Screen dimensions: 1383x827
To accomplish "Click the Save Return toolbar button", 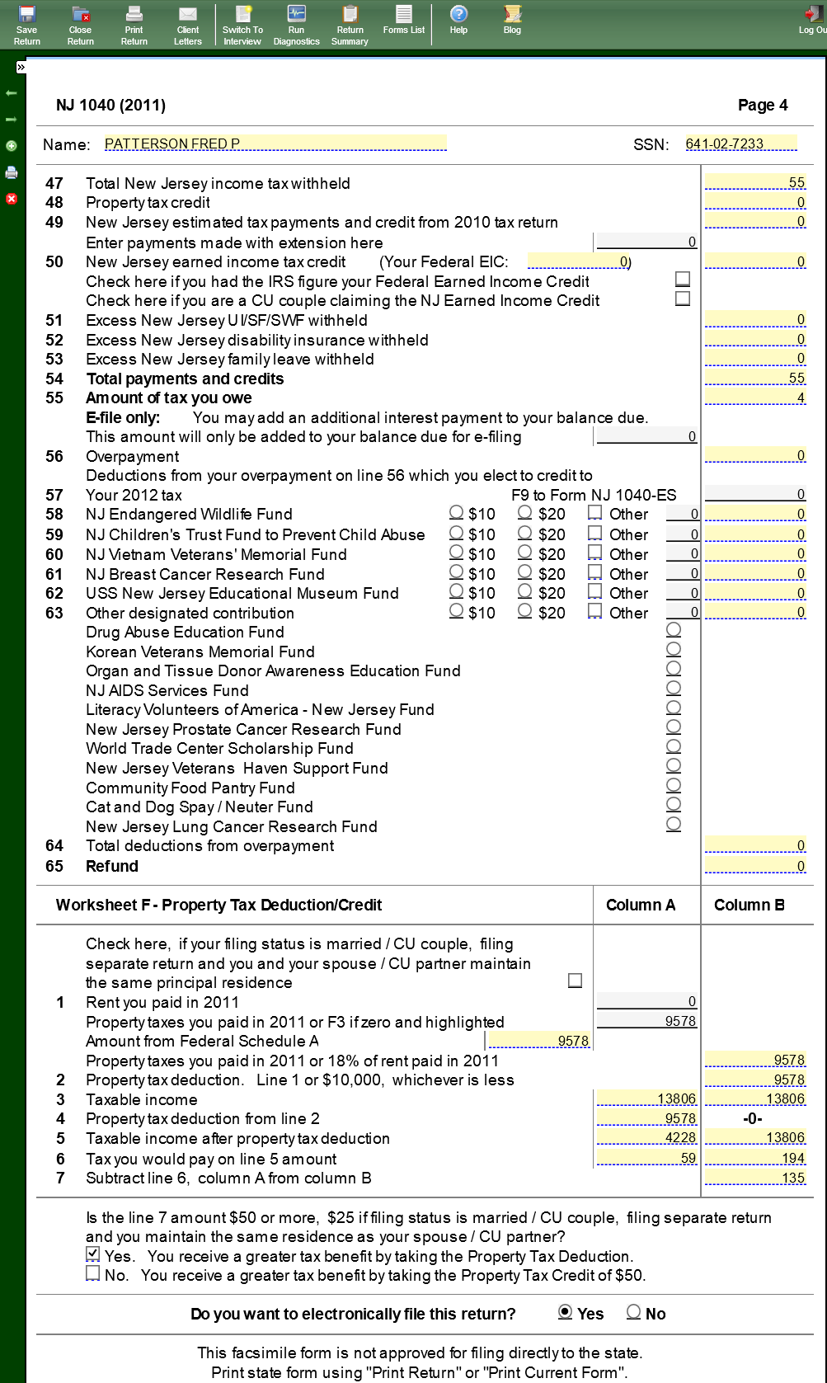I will (x=27, y=25).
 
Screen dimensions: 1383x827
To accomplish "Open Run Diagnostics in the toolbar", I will (x=296, y=25).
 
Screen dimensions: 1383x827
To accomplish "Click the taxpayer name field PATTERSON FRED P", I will (x=275, y=143).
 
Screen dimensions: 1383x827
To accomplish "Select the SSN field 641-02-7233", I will (x=740, y=143).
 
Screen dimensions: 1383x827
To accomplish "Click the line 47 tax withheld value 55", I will (x=755, y=183).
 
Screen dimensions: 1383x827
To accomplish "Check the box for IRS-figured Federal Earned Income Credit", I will (x=683, y=280).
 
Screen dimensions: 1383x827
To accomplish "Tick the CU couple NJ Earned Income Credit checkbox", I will (x=683, y=299).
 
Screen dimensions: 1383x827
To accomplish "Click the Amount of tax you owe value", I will (x=755, y=398).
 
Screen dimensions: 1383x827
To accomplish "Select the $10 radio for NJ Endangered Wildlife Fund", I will (x=457, y=513).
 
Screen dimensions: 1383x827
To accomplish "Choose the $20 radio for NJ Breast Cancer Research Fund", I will (x=524, y=572).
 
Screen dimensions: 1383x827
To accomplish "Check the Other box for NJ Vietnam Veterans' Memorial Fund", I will (x=595, y=553).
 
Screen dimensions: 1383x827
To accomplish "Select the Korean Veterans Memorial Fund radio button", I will (x=674, y=650).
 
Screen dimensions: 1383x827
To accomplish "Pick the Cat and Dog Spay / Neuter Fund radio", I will (x=674, y=805).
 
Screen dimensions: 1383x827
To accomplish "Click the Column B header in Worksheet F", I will (x=749, y=905).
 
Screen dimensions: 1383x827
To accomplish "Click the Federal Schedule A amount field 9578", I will (x=539, y=1041).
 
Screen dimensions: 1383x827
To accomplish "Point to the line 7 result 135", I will (x=755, y=1178).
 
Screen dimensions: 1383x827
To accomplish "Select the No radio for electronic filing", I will (x=634, y=1312).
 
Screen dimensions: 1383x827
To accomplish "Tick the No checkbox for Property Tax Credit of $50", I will (x=93, y=1274).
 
